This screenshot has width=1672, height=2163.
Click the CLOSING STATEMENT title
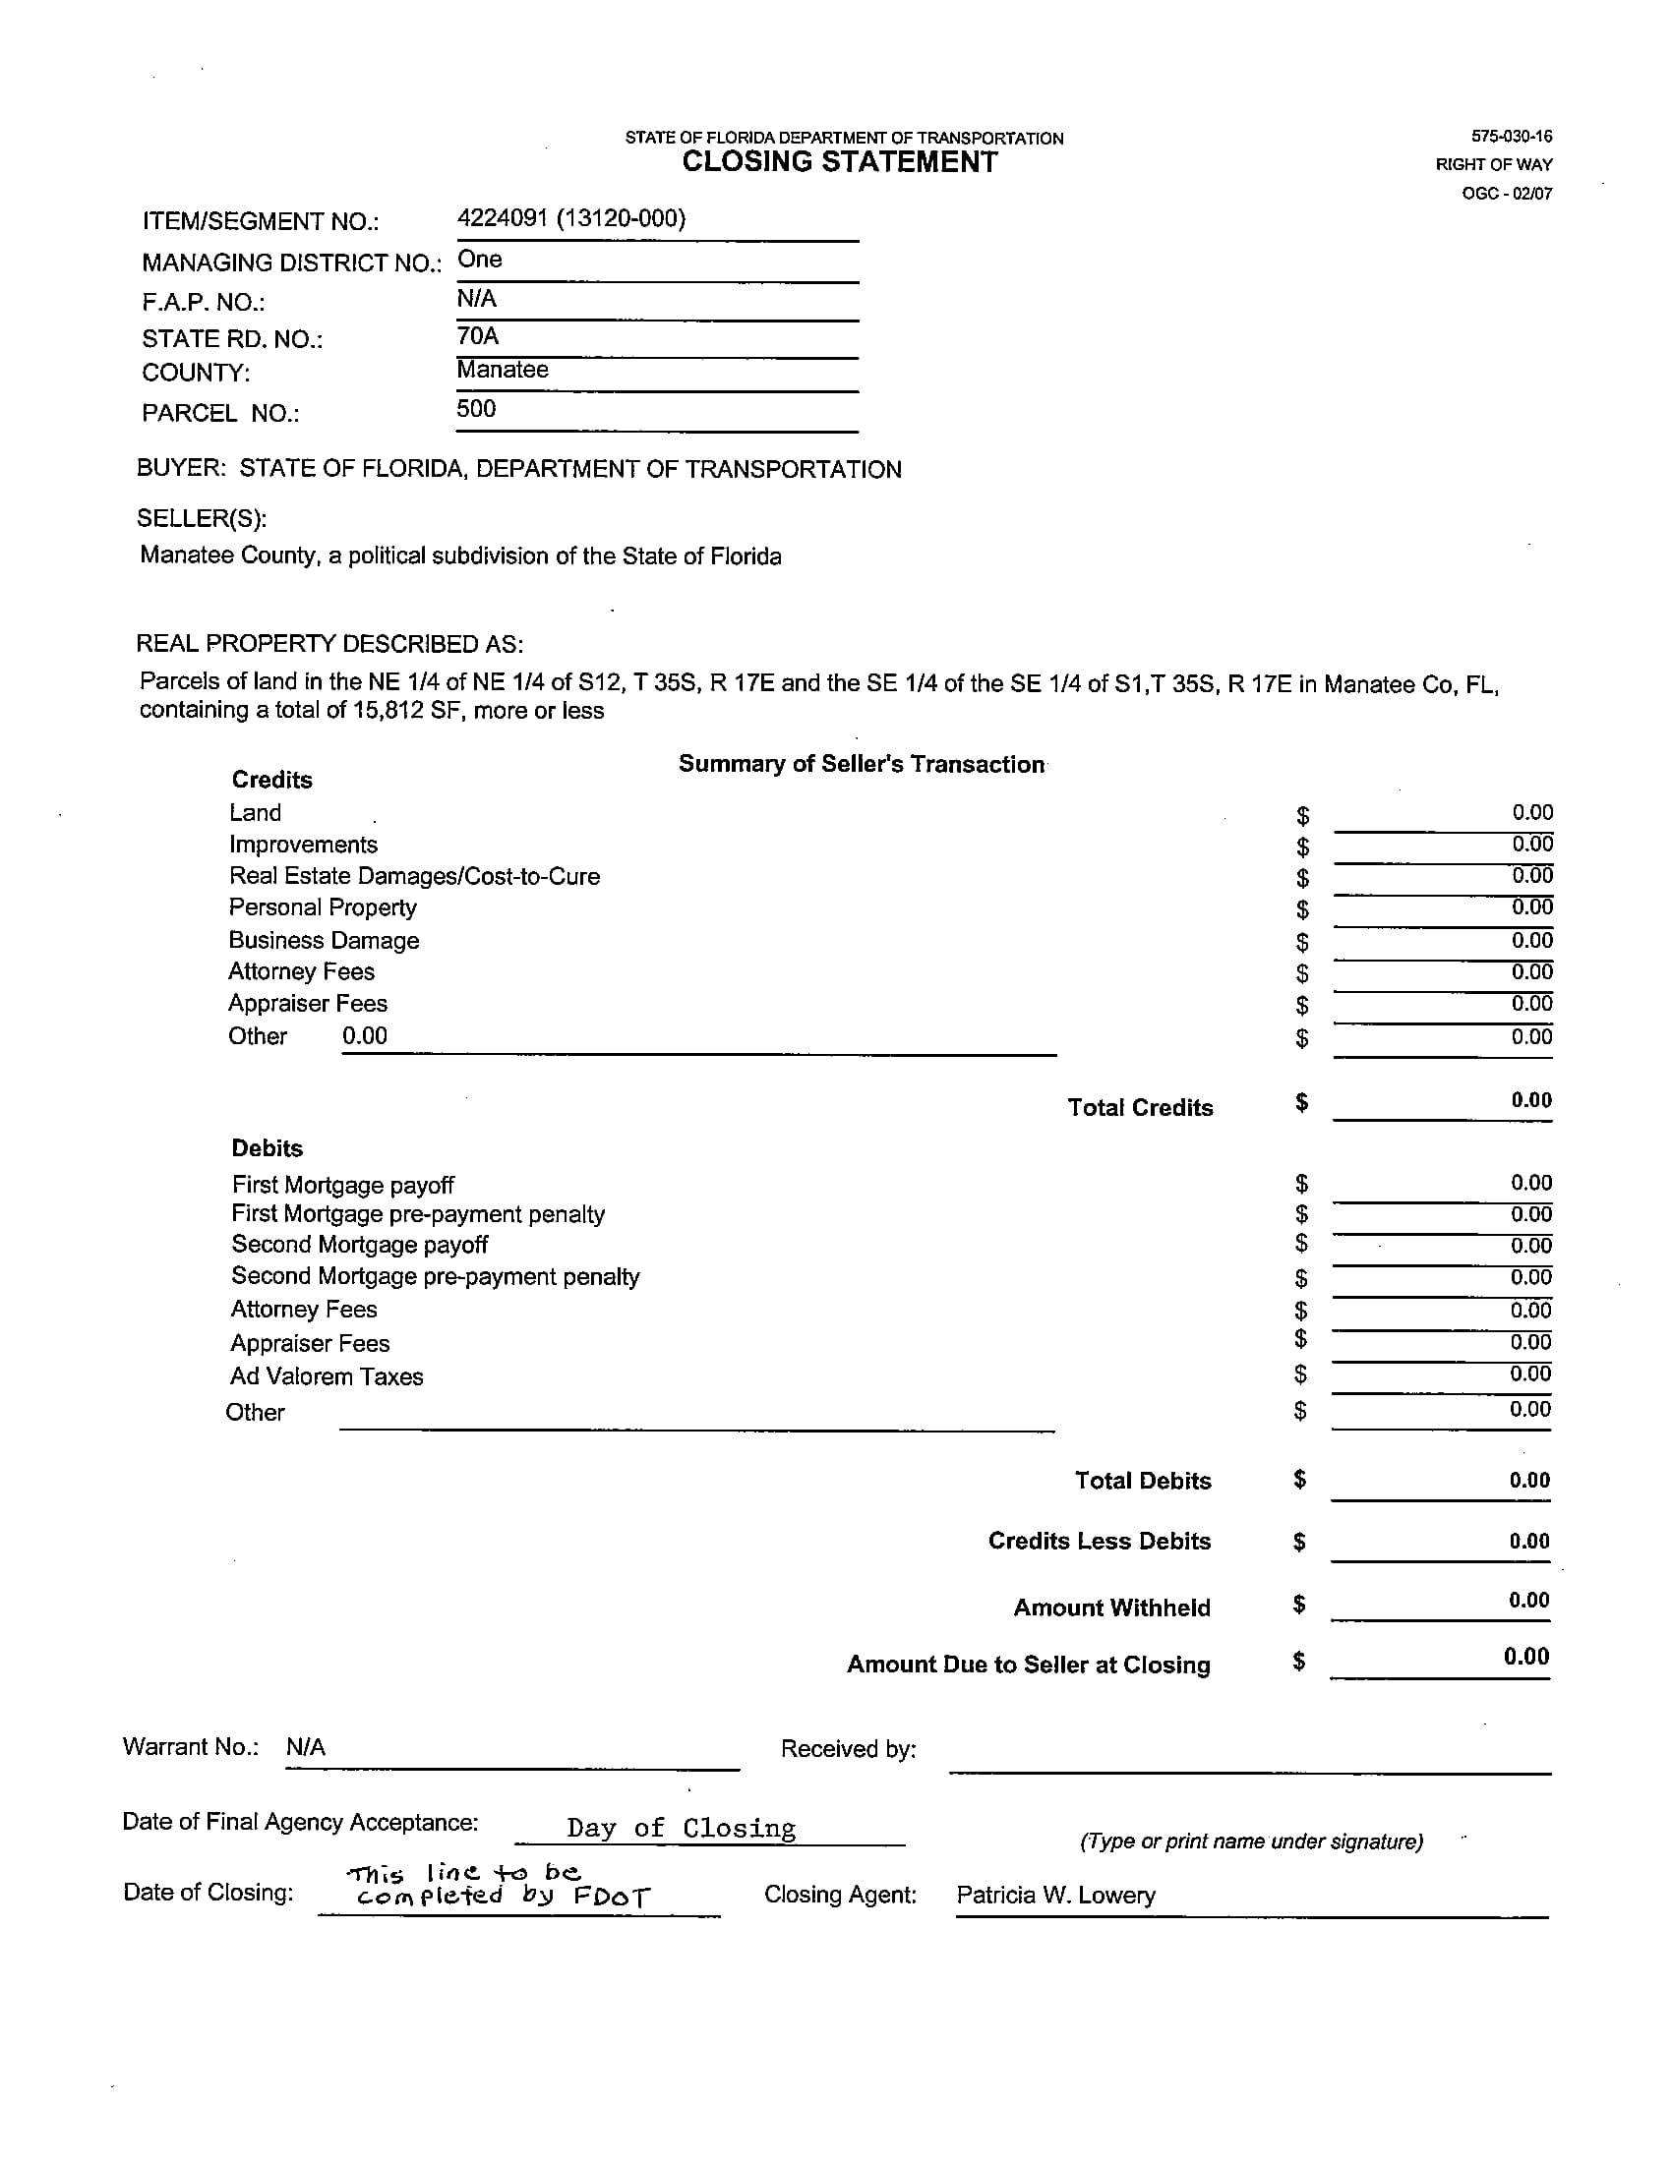[x=839, y=162]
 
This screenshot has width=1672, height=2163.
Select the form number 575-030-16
[x=1511, y=137]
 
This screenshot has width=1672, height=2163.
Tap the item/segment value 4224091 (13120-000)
[x=570, y=219]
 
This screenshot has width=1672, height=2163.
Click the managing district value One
[x=479, y=260]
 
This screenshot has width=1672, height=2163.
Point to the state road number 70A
[x=477, y=336]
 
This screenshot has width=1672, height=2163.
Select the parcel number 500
[x=475, y=409]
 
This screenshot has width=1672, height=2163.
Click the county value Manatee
[x=503, y=371]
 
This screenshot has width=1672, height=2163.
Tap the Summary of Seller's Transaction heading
[x=861, y=764]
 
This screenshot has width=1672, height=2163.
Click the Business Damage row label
[x=324, y=940]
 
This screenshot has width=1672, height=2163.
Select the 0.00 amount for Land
[x=1531, y=812]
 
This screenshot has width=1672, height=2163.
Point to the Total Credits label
[x=1140, y=1107]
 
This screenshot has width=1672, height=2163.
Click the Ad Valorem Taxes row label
[x=326, y=1376]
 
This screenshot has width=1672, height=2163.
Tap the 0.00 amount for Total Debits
[x=1529, y=1480]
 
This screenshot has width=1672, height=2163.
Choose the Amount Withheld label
[x=1111, y=1608]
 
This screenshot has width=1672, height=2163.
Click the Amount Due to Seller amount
[x=1525, y=1656]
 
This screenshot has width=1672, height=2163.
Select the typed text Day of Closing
[x=681, y=1828]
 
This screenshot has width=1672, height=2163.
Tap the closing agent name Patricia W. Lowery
[x=1056, y=1895]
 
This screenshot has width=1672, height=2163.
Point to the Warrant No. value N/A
[x=305, y=1747]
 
